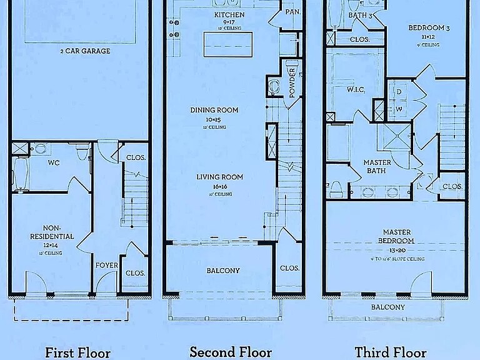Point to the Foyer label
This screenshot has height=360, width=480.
[x=107, y=265]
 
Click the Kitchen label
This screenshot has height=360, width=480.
[x=229, y=14]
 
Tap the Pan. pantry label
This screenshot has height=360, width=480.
[x=292, y=12]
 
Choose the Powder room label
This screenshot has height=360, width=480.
[x=292, y=83]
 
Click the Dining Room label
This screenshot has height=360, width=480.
[x=214, y=110]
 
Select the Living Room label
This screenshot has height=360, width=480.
[x=219, y=177]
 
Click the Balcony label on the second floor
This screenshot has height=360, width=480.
[x=222, y=270]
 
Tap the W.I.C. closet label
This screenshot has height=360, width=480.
[x=356, y=89]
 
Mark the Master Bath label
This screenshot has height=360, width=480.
[x=377, y=166]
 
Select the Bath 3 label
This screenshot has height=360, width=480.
[x=361, y=15]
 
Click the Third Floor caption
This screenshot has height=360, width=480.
[x=391, y=351]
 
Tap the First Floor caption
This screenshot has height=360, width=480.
[x=77, y=352]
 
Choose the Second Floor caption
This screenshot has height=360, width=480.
[x=231, y=351]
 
